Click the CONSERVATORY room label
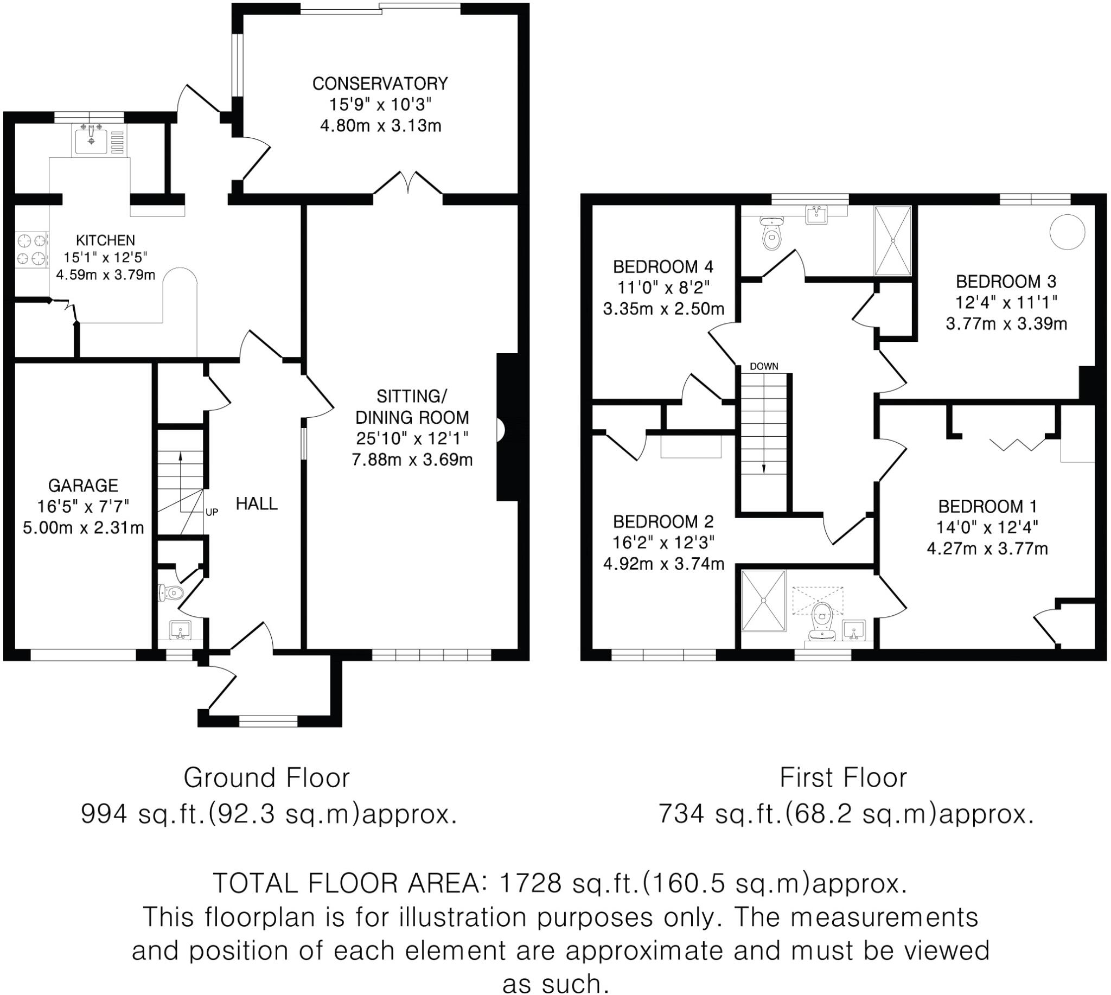point(380,84)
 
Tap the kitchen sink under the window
point(91,139)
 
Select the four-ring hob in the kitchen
point(30,250)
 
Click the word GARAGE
point(83,486)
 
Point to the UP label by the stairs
point(212,512)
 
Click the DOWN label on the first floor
point(763,366)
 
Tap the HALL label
point(257,503)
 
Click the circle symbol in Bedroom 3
point(1067,232)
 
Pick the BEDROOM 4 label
point(663,267)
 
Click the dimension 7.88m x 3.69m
point(412,460)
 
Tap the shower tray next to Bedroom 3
point(892,240)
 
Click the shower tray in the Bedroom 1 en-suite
point(763,600)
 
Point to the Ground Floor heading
point(266,778)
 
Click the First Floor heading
point(843,778)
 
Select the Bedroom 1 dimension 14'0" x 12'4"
point(987,527)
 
